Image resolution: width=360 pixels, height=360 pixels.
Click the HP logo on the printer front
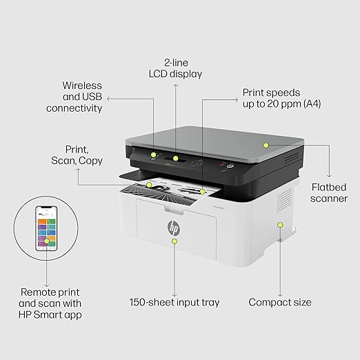pyautogui.click(x=174, y=228)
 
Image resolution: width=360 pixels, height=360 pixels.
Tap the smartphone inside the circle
pyautogui.click(x=46, y=228)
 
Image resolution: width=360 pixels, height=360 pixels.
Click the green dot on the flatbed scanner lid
pyautogui.click(x=266, y=145)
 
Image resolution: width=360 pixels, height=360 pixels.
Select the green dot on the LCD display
pyautogui.click(x=176, y=158)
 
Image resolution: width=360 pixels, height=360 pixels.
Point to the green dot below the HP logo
pyautogui.click(x=174, y=241)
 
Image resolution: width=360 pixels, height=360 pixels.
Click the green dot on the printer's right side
pyautogui.click(x=280, y=225)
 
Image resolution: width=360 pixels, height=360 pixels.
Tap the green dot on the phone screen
pyautogui.click(x=47, y=241)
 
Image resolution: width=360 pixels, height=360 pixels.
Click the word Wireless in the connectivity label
pyautogui.click(x=82, y=86)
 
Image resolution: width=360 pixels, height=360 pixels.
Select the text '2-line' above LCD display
pyautogui.click(x=176, y=63)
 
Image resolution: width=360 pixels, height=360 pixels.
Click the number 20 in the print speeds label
pyautogui.click(x=272, y=104)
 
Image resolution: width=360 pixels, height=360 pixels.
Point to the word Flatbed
pyautogui.click(x=329, y=187)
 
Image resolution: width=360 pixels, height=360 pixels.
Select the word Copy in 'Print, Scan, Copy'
pyautogui.click(x=90, y=161)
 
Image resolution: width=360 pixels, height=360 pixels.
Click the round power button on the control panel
pyautogui.click(x=230, y=166)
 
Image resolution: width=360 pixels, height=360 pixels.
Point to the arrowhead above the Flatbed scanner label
pyautogui.click(x=329, y=176)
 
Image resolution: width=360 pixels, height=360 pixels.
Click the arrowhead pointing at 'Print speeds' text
pyautogui.click(x=237, y=99)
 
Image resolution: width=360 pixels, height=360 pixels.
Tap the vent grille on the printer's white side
pyautogui.click(x=284, y=199)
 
